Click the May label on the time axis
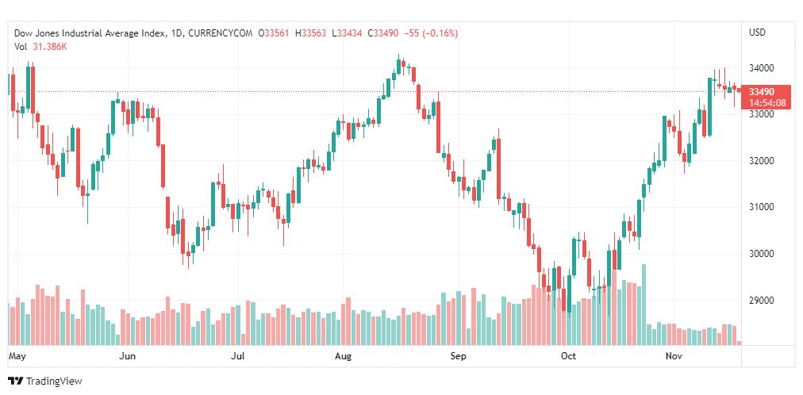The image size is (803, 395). click(x=17, y=357)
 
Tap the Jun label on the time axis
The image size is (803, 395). click(x=127, y=357)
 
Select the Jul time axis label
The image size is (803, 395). click(x=237, y=357)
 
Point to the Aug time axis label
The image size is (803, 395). click(x=344, y=357)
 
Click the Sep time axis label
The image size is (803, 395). click(x=458, y=357)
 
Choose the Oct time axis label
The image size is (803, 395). click(x=568, y=357)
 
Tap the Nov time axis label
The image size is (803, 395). click(x=674, y=357)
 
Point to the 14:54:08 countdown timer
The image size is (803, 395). click(x=766, y=103)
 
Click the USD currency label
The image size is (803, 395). click(x=757, y=33)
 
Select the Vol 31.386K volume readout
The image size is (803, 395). click(x=40, y=46)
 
